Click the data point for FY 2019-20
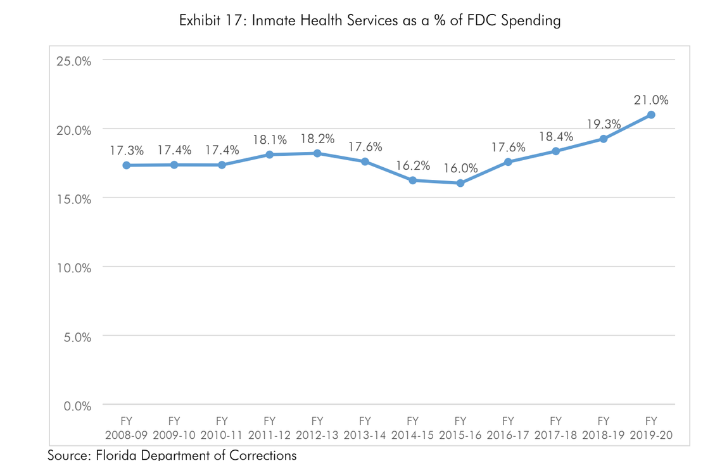point(651,115)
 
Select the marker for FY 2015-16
point(460,183)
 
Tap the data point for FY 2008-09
point(127,165)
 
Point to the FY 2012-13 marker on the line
point(317,153)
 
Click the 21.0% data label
point(651,100)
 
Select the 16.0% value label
point(460,168)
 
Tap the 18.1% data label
point(270,139)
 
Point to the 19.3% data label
point(604,124)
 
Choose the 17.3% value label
point(127,151)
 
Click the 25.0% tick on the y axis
point(74,61)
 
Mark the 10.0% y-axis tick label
point(74,268)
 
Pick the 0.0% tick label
point(77,405)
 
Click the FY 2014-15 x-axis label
point(413,429)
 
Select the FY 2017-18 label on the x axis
point(556,429)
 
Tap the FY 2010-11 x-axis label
point(222,429)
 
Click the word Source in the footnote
point(68,454)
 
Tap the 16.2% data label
point(413,166)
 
